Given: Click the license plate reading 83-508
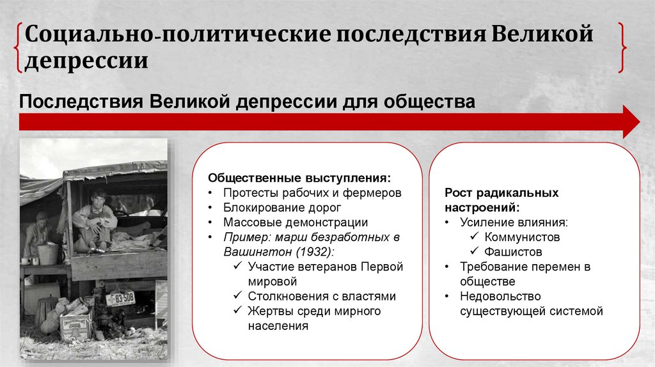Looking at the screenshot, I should pyautogui.click(x=120, y=299).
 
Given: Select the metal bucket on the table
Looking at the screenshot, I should pyautogui.click(x=47, y=254).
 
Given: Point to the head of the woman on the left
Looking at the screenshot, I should pyautogui.click(x=42, y=218).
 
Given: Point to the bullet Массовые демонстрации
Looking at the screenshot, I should pyautogui.click(x=296, y=223).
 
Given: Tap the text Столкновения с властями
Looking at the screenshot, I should pyautogui.click(x=322, y=296).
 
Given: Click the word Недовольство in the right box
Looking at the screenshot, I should pyautogui.click(x=500, y=296).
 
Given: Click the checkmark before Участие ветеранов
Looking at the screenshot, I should pyautogui.click(x=237, y=267).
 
